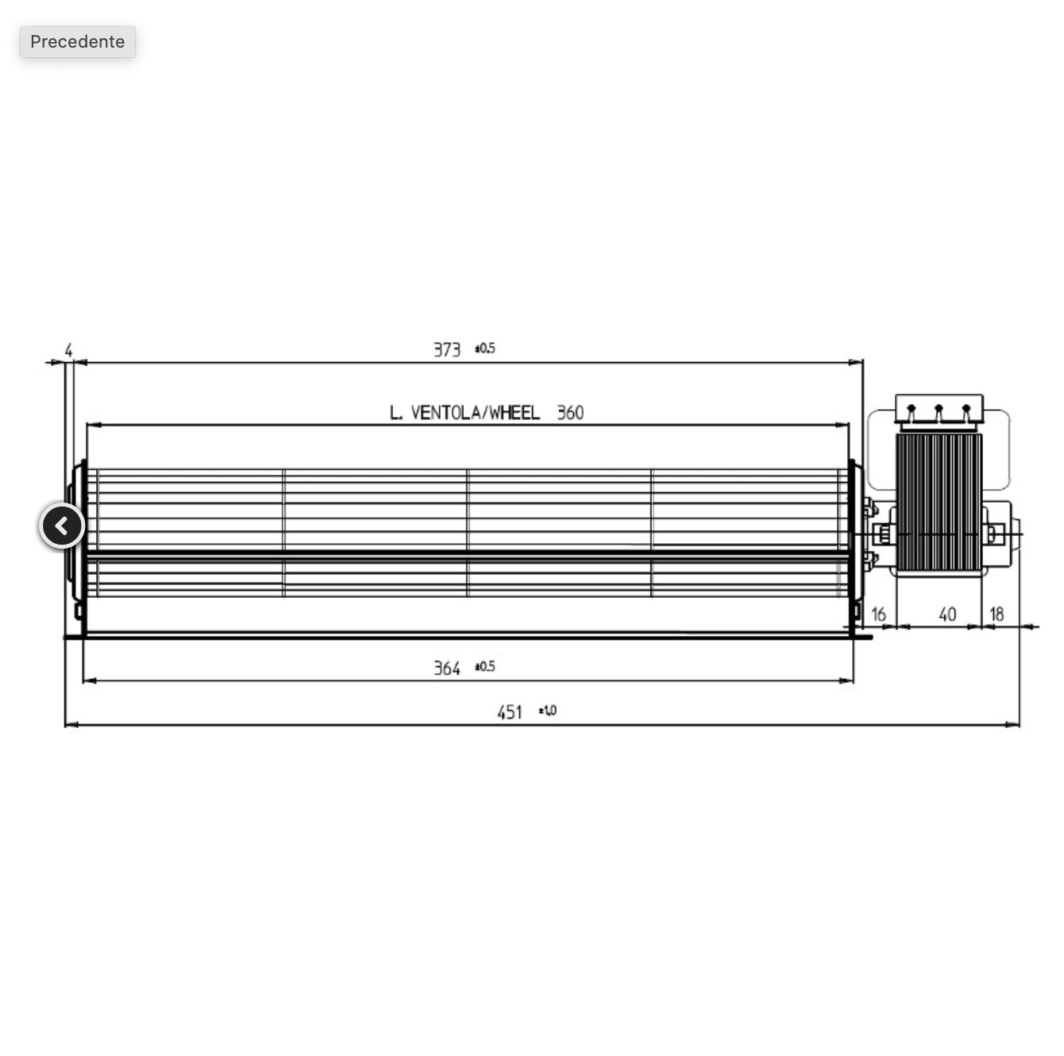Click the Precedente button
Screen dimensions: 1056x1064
77,42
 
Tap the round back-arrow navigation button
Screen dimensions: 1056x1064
62,526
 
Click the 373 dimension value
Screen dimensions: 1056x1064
446,349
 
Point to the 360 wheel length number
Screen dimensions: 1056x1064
570,413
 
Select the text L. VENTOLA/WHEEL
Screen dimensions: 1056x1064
465,413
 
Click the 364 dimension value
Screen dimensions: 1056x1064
446,669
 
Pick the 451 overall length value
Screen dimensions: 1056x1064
510,712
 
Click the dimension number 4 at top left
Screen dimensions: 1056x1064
68,350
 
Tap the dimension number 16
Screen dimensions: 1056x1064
878,615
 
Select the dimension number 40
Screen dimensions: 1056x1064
947,615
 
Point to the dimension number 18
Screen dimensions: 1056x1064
997,615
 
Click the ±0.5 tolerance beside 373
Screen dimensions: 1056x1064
485,349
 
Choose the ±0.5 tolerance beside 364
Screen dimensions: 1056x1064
485,667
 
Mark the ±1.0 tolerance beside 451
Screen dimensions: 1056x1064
548,711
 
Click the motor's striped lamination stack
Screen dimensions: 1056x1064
939,502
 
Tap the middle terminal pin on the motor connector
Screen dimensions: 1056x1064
939,411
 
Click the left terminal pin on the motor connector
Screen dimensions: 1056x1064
911,411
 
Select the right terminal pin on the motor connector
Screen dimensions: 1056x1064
966,411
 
